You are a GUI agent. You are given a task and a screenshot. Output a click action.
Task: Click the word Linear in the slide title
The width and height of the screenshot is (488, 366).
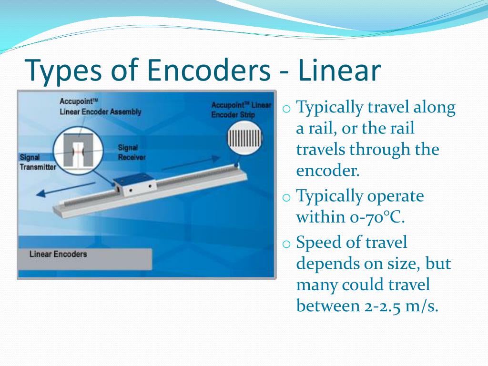coord(339,70)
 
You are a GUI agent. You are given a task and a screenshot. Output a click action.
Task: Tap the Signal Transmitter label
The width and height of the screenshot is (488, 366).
coord(38,162)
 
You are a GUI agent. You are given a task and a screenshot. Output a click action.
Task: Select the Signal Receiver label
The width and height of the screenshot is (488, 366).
coord(132,152)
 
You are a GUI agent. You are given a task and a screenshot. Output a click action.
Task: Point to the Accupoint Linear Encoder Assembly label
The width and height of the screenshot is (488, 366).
coord(100,107)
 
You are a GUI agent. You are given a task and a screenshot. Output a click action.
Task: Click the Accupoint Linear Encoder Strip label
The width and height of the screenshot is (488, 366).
coord(241,110)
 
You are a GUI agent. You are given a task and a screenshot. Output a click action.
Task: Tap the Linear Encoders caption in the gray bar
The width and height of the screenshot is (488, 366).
coord(58,254)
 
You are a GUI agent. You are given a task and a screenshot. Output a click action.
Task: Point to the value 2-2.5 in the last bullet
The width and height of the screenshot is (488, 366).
coord(380,306)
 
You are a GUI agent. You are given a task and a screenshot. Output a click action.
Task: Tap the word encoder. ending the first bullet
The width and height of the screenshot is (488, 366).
coord(328,171)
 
